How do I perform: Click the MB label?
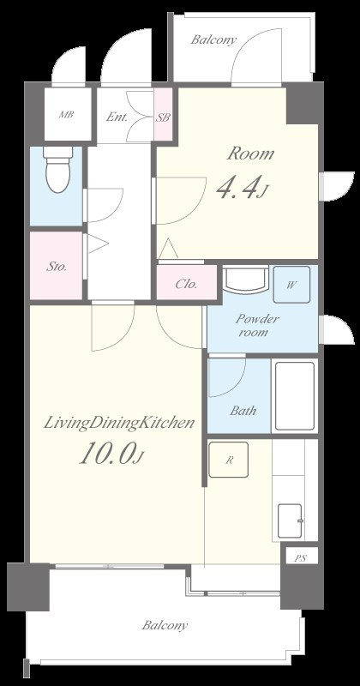pos(67,115)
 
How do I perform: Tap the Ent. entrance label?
pos(117,117)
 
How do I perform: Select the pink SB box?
pos(164,114)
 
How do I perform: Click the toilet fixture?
pos(57,169)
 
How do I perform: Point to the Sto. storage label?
pos(57,267)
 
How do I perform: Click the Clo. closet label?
pos(186,284)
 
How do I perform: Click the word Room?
pos(250,153)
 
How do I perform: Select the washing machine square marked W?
pos(291,285)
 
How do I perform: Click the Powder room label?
pos(257,325)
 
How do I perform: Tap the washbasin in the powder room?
pos(245,280)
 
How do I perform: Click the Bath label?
pos(243,411)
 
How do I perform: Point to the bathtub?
pos(295,396)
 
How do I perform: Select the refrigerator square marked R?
pos(228,460)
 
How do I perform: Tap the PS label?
pos(300,558)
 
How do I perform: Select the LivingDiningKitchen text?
pos(118,423)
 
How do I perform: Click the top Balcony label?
pos(213,39)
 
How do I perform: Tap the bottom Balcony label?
pos(165,625)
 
